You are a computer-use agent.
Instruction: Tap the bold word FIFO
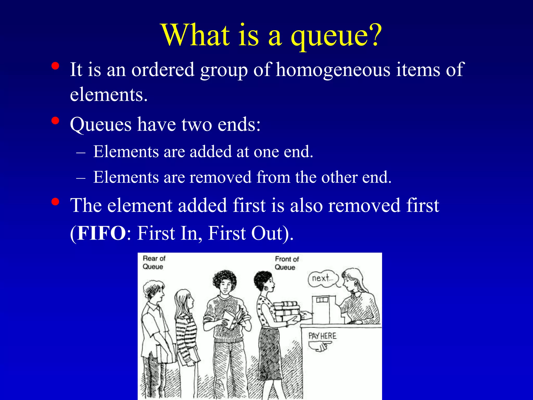(101, 233)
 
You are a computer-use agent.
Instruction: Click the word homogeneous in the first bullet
(333, 70)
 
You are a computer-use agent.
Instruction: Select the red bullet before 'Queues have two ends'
(55, 121)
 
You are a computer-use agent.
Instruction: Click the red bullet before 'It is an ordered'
(55, 66)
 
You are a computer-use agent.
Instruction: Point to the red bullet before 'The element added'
(55, 202)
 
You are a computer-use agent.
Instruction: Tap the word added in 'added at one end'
(211, 152)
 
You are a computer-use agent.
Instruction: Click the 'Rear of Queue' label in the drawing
(154, 262)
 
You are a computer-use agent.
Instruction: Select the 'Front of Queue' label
(287, 263)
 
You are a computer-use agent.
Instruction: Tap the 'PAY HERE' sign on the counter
(322, 336)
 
